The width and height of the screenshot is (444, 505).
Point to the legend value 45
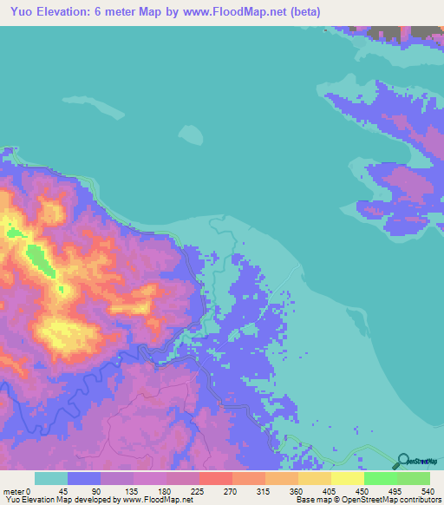(x=63, y=490)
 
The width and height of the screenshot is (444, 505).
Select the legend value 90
(x=96, y=490)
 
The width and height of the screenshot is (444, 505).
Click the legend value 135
(x=129, y=490)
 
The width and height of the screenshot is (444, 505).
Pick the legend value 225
(x=195, y=490)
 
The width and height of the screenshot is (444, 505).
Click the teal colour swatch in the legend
(x=51, y=478)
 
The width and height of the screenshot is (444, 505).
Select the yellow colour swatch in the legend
(x=347, y=478)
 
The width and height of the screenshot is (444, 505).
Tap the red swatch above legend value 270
(x=216, y=478)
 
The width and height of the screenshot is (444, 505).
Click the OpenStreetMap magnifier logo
(x=402, y=461)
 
